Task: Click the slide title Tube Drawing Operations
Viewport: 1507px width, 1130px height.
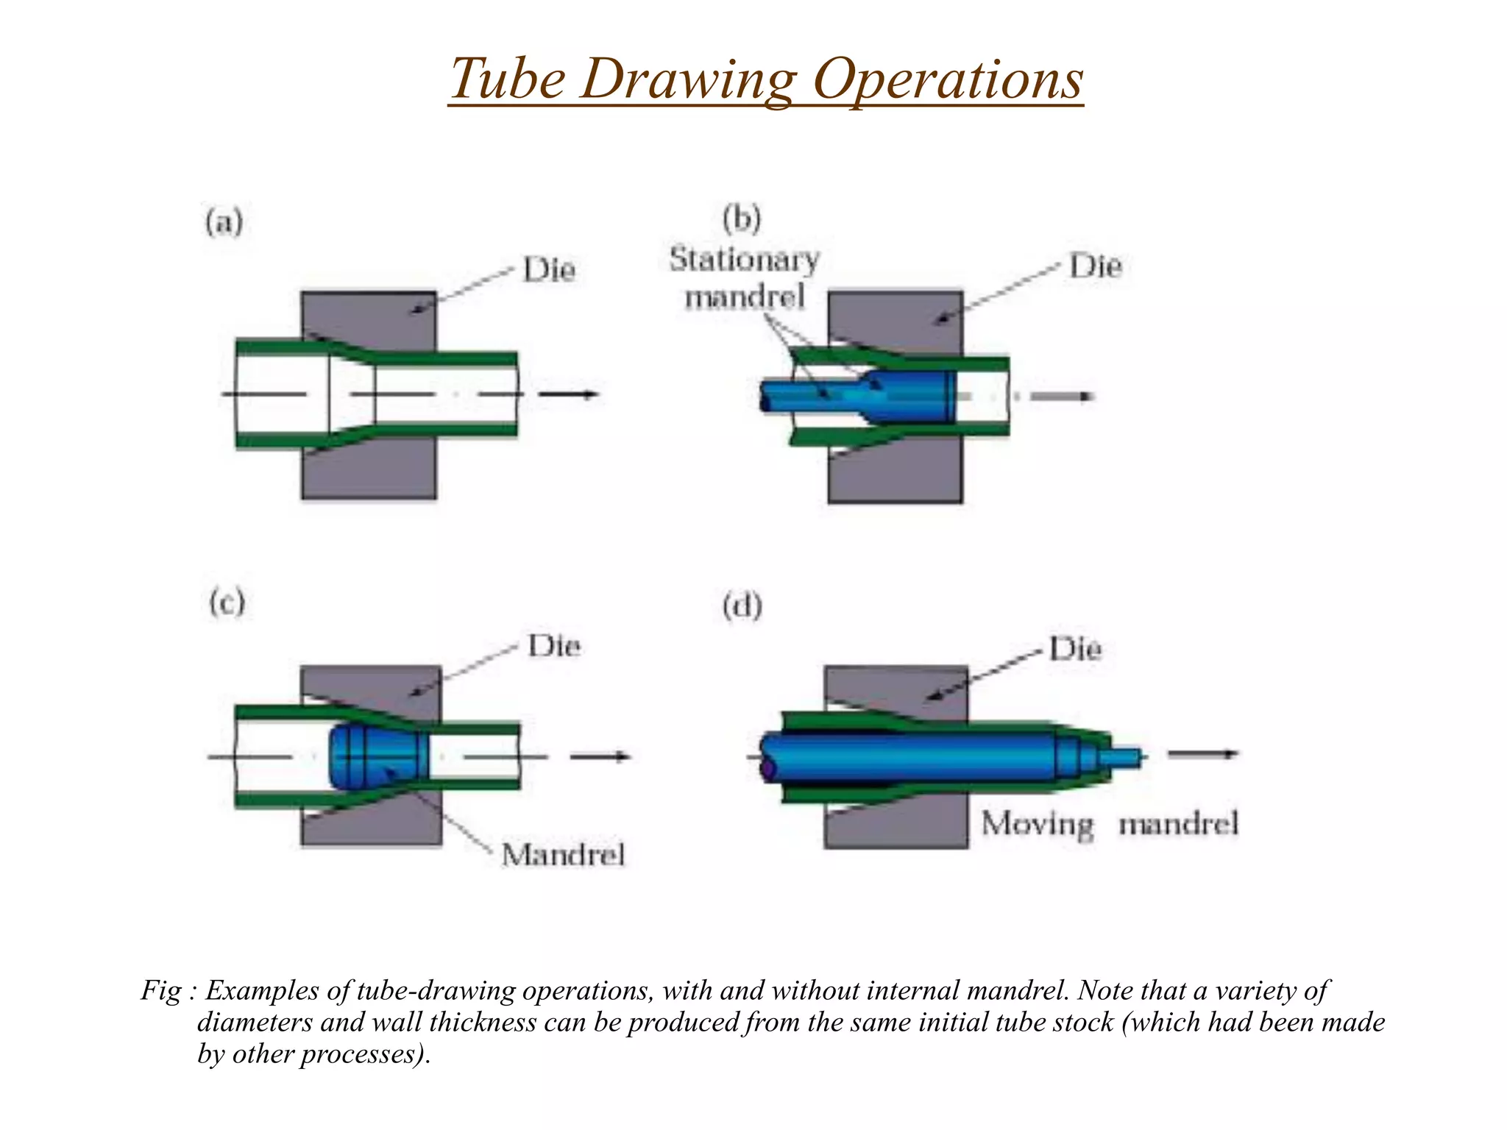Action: click(765, 79)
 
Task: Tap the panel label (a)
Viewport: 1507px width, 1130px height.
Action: click(224, 221)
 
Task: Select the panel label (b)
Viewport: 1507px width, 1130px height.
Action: click(741, 218)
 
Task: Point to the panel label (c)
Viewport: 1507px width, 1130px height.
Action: click(226, 603)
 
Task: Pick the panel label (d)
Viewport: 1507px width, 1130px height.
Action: click(741, 607)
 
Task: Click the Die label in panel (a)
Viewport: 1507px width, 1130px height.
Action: click(548, 270)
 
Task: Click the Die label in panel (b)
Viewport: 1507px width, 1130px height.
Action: click(1095, 266)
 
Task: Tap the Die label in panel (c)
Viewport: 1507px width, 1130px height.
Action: click(554, 647)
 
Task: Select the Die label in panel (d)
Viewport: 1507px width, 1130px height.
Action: click(1075, 649)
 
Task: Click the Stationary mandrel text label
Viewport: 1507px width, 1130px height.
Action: click(744, 278)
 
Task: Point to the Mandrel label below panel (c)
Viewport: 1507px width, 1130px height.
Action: click(563, 855)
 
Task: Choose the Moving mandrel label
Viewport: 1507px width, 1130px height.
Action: click(1110, 823)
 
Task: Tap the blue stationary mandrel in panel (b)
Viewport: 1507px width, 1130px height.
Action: click(905, 397)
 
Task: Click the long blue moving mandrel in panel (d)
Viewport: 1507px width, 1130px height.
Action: click(905, 756)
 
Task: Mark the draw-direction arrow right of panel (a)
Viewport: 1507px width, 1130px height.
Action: click(568, 394)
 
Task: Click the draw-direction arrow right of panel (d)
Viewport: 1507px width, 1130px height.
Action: click(1203, 753)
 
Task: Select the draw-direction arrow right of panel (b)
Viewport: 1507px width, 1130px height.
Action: click(1062, 397)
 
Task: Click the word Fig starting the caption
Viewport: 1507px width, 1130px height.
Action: click(160, 990)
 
